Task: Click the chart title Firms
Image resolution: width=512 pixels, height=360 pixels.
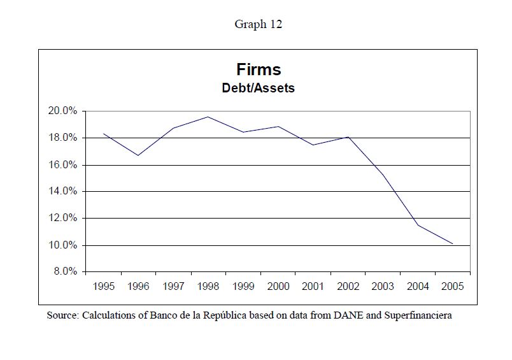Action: click(x=258, y=69)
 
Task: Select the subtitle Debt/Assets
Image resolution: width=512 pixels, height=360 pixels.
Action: click(x=258, y=89)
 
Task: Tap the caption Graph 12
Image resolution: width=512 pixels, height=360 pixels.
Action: click(x=258, y=24)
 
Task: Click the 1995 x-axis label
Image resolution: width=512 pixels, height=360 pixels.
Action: click(x=104, y=287)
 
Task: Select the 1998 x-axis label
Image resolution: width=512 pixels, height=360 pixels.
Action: click(x=208, y=287)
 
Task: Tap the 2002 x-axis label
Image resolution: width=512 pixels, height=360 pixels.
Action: click(x=348, y=287)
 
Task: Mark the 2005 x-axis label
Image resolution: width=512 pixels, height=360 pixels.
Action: click(x=452, y=287)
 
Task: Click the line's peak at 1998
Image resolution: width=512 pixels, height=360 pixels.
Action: click(x=208, y=117)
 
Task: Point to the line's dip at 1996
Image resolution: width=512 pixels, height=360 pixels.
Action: click(x=138, y=155)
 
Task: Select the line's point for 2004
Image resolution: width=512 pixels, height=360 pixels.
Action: click(x=418, y=225)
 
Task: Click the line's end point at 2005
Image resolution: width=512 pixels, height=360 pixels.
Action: click(x=452, y=244)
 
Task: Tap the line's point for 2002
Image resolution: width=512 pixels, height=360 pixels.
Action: click(x=348, y=137)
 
